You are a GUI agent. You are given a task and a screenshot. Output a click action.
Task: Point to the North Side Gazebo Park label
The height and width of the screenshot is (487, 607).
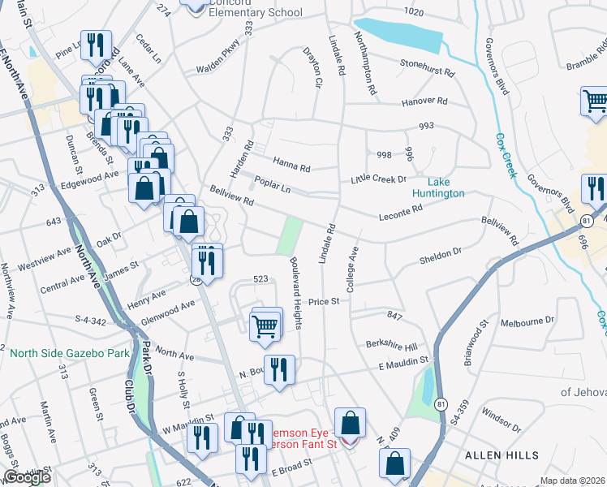pyautogui.click(x=70, y=354)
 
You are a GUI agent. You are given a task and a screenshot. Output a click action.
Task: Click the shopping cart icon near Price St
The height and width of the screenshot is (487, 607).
pyautogui.click(x=265, y=325)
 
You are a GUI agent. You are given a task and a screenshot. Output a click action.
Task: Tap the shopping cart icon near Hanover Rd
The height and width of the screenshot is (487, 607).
pyautogui.click(x=596, y=101)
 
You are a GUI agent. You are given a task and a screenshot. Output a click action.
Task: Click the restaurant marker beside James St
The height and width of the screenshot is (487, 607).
pyautogui.click(x=207, y=261)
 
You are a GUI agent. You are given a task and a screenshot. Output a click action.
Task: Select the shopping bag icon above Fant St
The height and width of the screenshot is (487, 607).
pyautogui.click(x=350, y=423)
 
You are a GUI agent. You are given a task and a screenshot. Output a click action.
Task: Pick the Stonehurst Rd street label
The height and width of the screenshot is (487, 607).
pyautogui.click(x=427, y=69)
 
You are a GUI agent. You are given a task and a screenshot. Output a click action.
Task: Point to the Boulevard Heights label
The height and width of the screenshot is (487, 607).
pyautogui.click(x=297, y=293)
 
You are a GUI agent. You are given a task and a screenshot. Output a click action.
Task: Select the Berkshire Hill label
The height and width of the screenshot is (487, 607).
pyautogui.click(x=390, y=344)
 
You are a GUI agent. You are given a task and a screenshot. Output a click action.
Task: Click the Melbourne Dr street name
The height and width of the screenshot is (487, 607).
pyautogui.click(x=527, y=320)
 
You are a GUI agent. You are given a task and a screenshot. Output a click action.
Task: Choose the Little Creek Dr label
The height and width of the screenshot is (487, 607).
pyautogui.click(x=378, y=179)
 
